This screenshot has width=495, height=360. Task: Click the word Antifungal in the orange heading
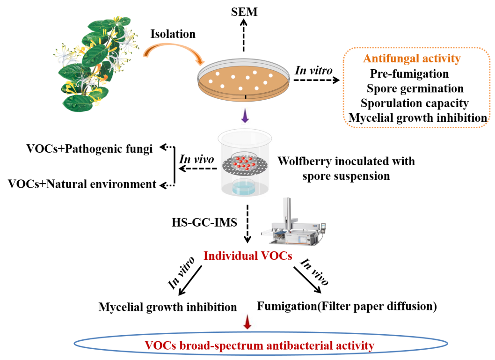pos(386,59)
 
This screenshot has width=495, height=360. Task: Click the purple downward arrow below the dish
pos(245,116)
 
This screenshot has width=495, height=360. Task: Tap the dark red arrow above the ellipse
pos(247,322)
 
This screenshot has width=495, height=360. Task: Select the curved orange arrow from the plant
pos(173,51)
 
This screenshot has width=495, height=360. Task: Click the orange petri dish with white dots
pos(243,82)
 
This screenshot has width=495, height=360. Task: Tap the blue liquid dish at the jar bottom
pos(243,188)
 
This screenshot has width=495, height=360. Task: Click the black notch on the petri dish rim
pos(245,97)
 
